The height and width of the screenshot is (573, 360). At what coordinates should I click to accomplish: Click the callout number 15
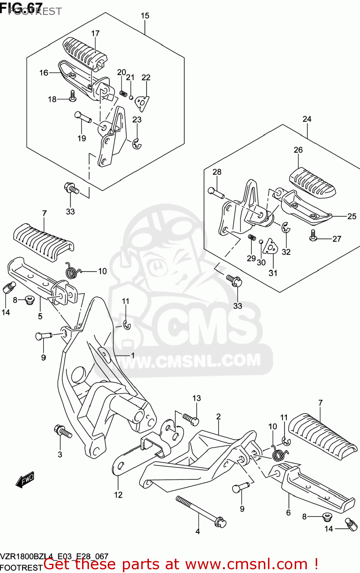click(145, 16)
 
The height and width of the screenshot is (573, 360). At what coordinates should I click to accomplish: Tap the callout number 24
click(307, 119)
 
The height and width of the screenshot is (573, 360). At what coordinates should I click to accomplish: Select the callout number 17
click(95, 34)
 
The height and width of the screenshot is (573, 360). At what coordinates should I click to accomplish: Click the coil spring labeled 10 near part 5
click(73, 271)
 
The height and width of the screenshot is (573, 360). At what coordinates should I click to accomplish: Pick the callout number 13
click(196, 398)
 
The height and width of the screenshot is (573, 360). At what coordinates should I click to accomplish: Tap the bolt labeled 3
click(63, 432)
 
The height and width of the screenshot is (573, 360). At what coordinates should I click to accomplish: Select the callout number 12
click(118, 495)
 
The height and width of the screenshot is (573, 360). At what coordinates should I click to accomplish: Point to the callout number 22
click(146, 77)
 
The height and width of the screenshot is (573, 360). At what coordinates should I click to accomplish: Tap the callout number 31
click(273, 273)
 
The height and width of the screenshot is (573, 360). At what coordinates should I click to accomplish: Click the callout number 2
click(218, 416)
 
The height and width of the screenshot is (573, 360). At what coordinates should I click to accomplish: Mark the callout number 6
click(288, 513)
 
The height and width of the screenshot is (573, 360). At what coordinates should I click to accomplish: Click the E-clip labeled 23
click(137, 144)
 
